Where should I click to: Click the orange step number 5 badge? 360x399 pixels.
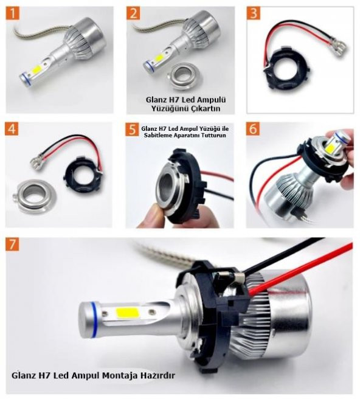134,130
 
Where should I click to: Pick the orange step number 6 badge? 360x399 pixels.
254,129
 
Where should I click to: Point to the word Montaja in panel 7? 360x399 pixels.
116,375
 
